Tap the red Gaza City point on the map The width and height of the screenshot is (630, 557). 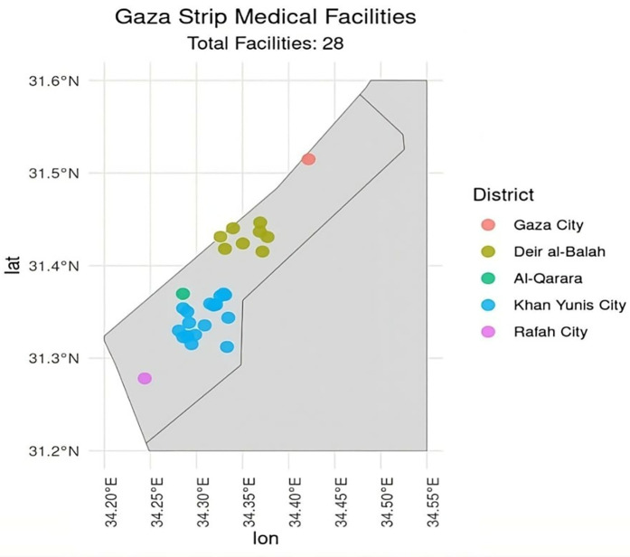(x=308, y=159)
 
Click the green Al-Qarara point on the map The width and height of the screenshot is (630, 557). (x=183, y=294)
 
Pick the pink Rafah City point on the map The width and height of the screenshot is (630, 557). (x=145, y=378)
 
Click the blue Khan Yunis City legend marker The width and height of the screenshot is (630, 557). (x=489, y=305)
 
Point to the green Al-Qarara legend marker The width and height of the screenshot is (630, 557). (x=489, y=278)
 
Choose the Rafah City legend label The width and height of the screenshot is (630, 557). (x=550, y=331)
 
